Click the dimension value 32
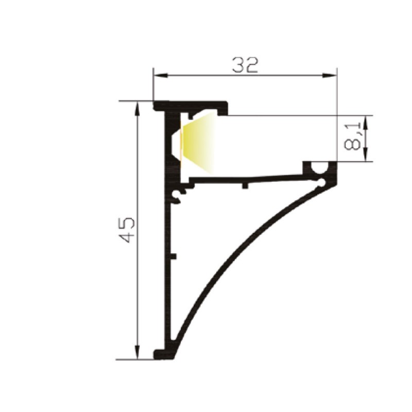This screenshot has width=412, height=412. pos(245,65)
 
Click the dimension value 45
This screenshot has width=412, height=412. pos(127,230)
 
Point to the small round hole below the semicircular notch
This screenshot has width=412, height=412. pos(322,182)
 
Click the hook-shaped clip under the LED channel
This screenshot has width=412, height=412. pos(179,195)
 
